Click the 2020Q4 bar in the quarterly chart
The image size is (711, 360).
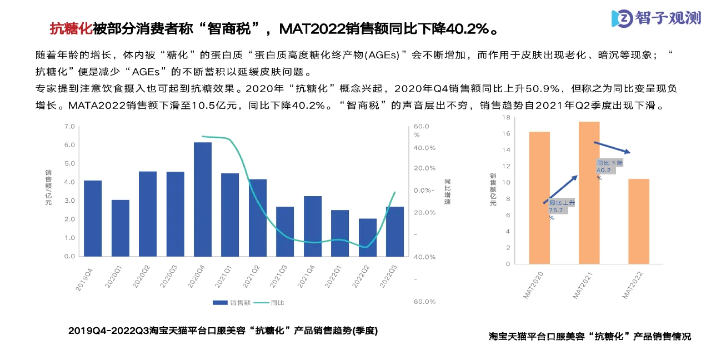point(203,199)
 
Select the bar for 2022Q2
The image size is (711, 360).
point(367,237)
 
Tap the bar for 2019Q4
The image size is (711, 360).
point(93,218)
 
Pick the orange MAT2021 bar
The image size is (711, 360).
point(589,193)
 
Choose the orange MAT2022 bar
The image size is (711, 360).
point(638,221)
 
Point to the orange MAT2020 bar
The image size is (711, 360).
point(539,198)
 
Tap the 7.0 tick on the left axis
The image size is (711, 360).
point(69,127)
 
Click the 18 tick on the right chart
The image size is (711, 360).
point(505,117)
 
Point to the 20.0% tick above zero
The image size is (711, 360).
point(424,168)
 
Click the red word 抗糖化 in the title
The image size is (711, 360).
point(71,28)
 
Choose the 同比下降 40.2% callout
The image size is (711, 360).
point(609,169)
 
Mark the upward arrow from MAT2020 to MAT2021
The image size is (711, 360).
point(560,189)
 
